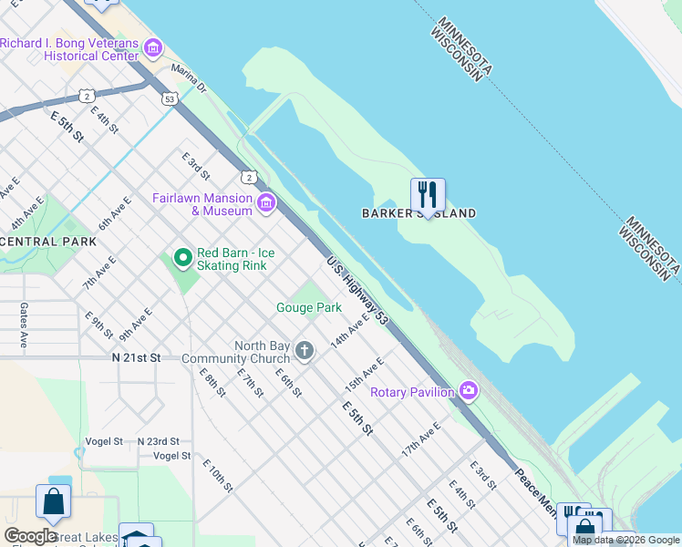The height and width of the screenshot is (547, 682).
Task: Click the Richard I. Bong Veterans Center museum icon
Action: click(153, 46)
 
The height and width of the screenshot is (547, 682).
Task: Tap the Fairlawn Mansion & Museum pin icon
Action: click(266, 202)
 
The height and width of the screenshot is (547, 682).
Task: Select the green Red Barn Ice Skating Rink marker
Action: click(183, 258)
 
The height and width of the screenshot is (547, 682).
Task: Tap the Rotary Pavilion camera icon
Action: click(469, 390)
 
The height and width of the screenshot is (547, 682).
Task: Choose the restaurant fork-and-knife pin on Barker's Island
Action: click(428, 195)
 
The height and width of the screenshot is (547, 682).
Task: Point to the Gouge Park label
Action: click(309, 308)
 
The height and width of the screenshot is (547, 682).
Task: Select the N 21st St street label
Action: click(136, 358)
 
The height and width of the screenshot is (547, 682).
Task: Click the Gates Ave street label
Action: click(24, 325)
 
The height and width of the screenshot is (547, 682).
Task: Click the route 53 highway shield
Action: click(169, 98)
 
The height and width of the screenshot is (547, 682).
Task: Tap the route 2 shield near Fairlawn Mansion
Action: click(248, 177)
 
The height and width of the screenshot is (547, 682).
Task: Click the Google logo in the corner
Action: click(31, 537)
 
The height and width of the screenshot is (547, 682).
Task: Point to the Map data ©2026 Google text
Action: click(625, 540)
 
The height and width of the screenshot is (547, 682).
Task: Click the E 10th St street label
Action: click(218, 475)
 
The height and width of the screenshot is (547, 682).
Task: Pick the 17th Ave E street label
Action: click(421, 439)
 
